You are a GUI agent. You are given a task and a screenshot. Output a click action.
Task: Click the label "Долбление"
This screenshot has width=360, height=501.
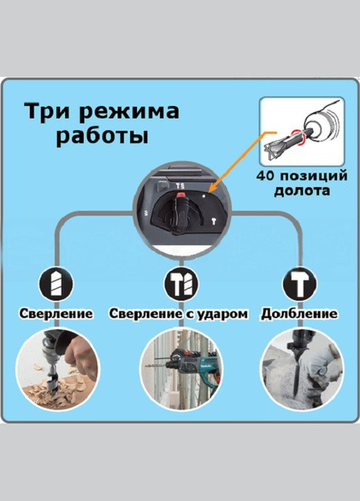tap(299, 313)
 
